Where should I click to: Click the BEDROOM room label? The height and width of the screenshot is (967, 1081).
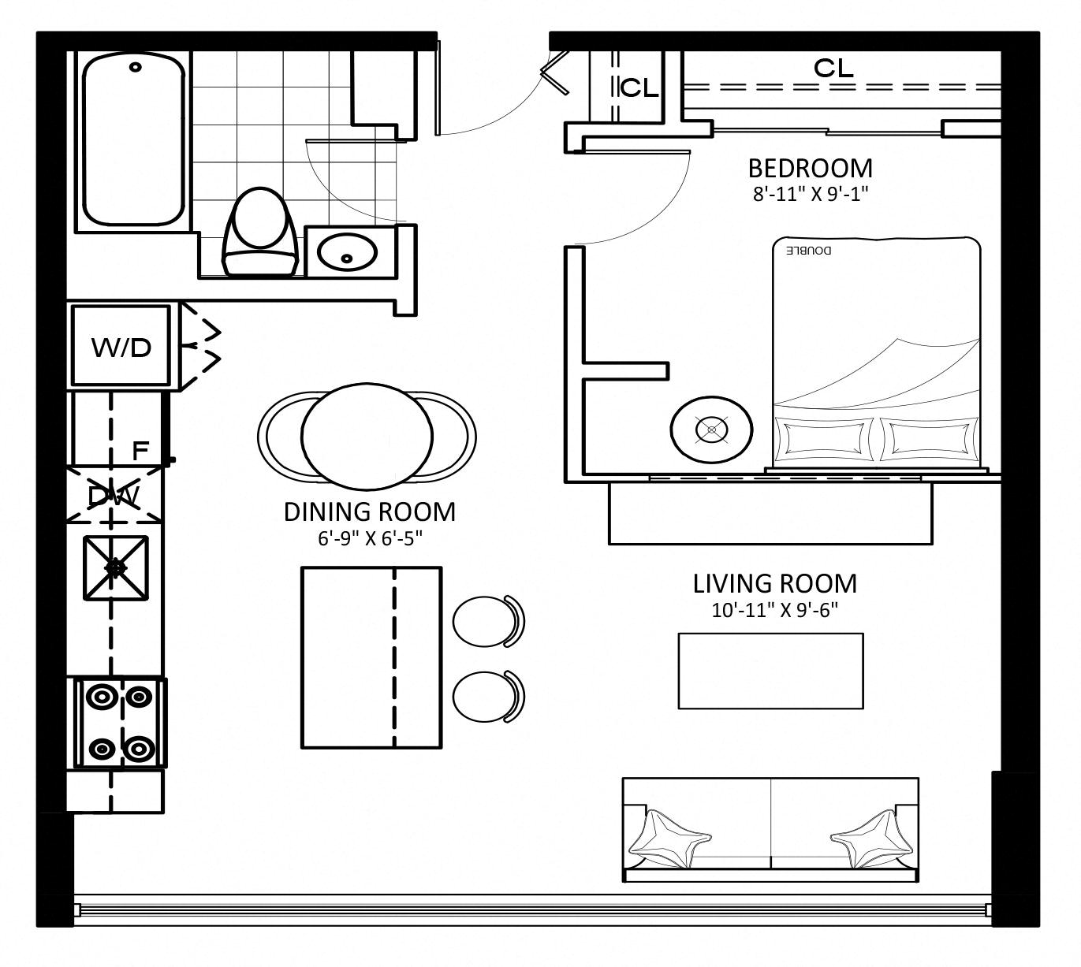point(810,169)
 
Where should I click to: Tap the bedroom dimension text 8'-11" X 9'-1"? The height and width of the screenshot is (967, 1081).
point(811,194)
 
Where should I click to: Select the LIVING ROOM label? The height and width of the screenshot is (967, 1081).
point(775,583)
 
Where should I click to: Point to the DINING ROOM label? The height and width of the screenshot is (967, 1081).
point(369,512)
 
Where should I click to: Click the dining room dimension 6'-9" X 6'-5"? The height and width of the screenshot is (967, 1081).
point(370,539)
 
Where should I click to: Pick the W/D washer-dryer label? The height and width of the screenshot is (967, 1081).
point(121,348)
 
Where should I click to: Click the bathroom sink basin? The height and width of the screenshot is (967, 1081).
point(347,251)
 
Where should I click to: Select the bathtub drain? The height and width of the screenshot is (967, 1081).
point(136,67)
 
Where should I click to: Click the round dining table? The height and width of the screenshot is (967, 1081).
point(367,437)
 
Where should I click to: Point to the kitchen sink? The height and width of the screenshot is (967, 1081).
point(116,568)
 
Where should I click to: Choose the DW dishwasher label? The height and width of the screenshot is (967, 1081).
point(113,496)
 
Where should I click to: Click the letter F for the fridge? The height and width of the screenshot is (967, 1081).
point(140,452)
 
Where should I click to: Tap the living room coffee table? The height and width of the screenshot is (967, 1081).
point(770,671)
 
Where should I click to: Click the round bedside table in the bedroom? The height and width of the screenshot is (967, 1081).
point(711,430)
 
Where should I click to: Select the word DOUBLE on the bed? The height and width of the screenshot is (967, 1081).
point(808,250)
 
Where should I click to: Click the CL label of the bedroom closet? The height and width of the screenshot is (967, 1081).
point(833,69)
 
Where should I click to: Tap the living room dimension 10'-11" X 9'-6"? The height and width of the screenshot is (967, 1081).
point(775,610)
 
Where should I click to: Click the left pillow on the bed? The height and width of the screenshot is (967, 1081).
point(822,439)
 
